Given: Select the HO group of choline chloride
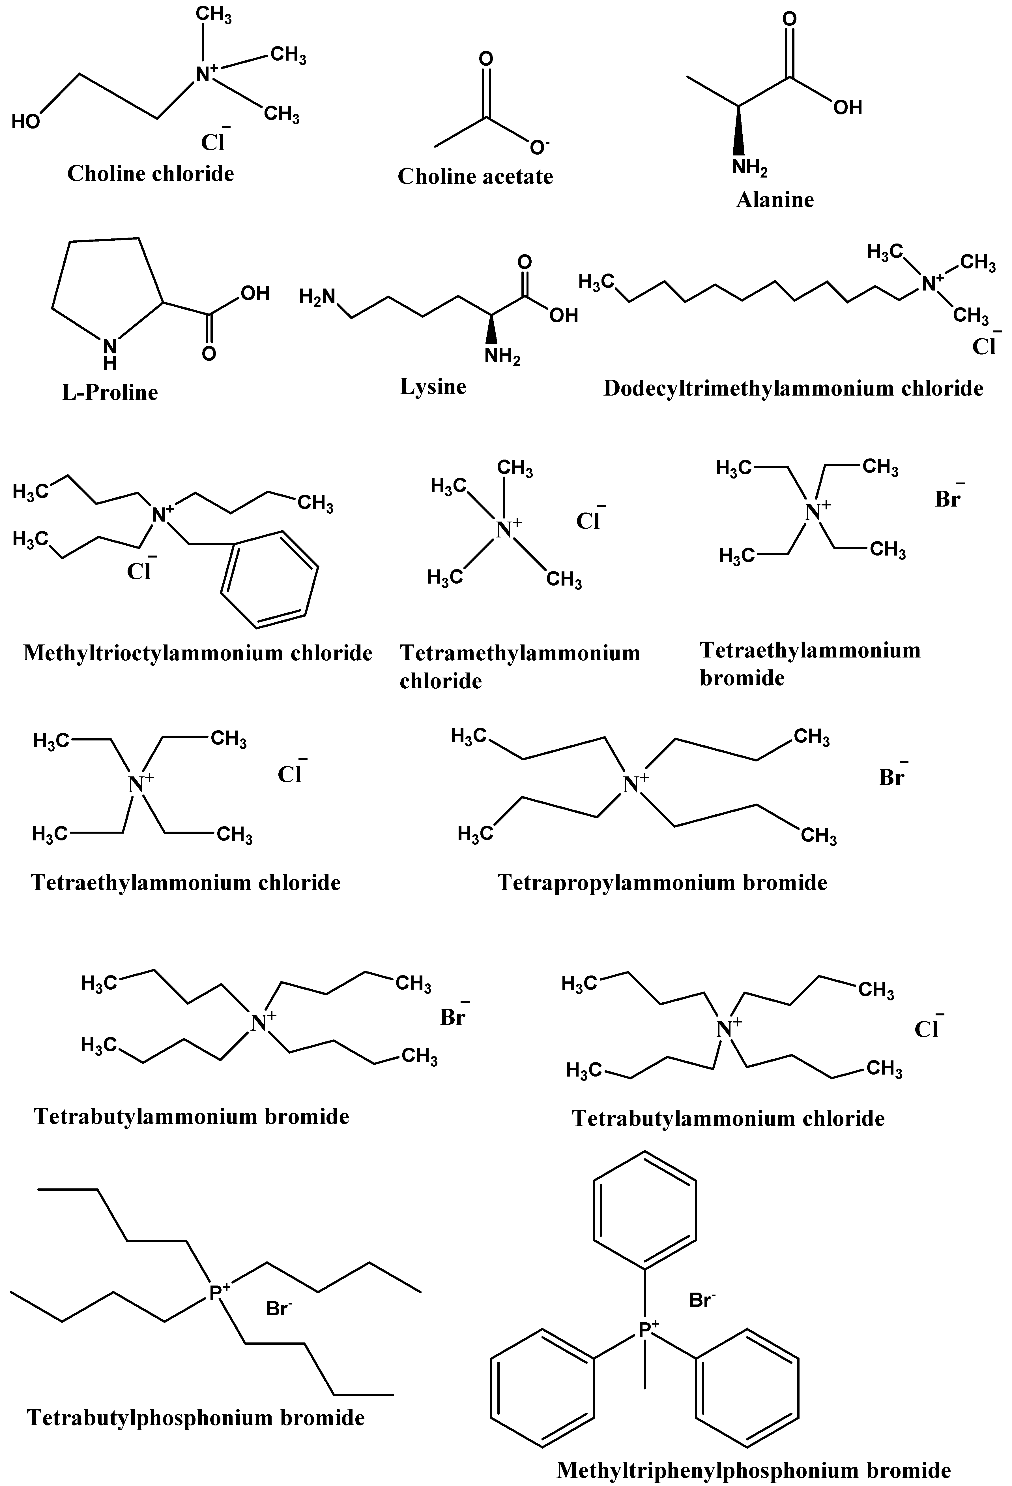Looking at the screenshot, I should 25,121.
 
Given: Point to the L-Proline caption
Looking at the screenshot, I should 110,392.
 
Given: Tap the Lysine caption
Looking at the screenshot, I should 433,386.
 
